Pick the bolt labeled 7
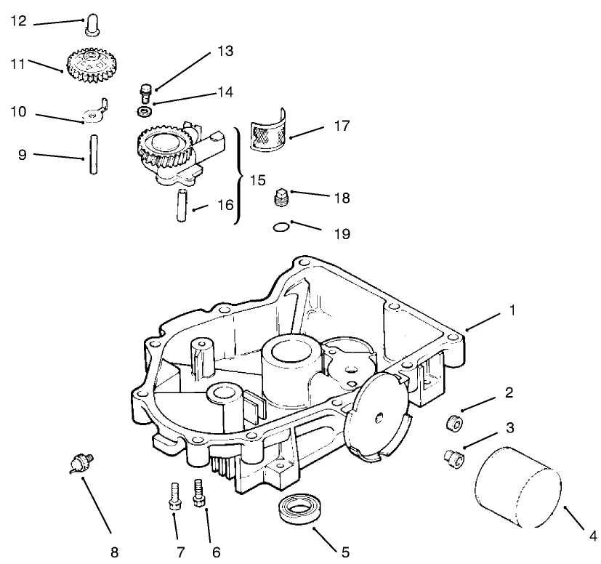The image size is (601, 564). coord(174,496)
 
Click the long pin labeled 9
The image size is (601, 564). coord(94,153)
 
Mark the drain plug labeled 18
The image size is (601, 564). coord(281,197)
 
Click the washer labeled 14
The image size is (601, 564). coord(144,110)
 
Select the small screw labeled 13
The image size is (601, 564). coord(145,92)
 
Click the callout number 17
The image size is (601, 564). coord(342,126)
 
